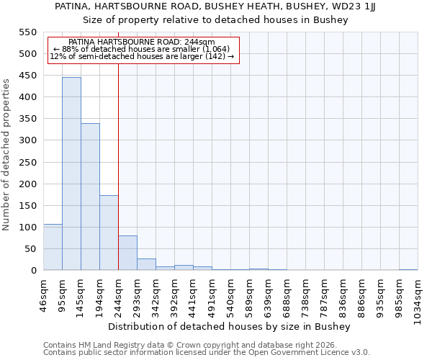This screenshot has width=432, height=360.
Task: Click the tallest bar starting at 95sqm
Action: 71,174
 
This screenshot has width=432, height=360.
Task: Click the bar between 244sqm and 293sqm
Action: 127,253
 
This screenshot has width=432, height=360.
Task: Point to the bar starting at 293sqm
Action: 146,264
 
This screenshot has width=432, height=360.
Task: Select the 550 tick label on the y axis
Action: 27,32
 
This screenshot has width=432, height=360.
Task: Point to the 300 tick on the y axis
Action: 27,140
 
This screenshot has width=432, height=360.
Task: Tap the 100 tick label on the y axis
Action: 27,228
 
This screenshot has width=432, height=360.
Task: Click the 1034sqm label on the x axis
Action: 418,299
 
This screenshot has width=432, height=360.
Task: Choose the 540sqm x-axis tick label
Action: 230,296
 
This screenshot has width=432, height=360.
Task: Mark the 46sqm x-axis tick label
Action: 43,293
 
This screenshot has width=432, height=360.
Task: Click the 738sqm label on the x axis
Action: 305,296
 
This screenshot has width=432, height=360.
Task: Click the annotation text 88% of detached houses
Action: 141,49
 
